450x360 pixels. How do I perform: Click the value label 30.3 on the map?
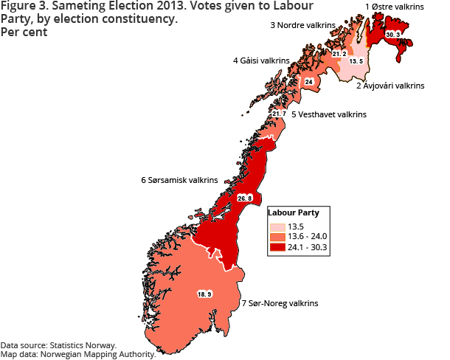[392, 35]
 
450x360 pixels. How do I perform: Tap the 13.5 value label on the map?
[356, 61]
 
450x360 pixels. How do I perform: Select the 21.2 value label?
[339, 53]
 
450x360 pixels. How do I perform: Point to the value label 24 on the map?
[309, 81]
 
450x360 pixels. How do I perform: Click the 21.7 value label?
[279, 114]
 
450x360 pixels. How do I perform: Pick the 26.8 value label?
[244, 198]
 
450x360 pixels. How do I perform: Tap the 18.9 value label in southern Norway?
[204, 294]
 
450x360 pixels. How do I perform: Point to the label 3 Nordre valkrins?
[302, 25]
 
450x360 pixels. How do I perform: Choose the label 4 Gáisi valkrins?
[261, 60]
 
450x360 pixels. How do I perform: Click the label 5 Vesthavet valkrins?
[328, 115]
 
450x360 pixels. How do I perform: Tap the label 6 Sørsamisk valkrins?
[179, 179]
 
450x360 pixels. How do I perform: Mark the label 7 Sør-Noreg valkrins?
[280, 303]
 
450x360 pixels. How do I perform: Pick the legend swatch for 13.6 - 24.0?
[277, 237]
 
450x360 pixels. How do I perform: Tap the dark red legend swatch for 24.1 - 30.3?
[277, 247]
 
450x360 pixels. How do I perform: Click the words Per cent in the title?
[24, 33]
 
